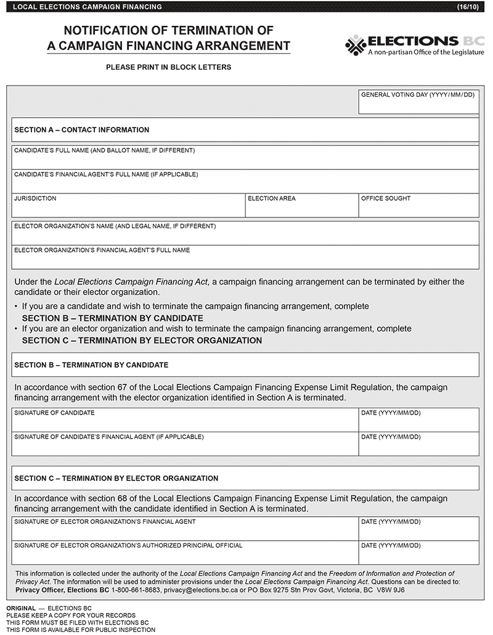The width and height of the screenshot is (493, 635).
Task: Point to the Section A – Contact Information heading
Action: [81, 130]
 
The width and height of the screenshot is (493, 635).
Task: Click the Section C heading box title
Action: [116, 478]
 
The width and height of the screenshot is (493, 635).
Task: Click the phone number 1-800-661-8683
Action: [136, 589]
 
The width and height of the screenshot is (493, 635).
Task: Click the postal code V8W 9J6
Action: [391, 589]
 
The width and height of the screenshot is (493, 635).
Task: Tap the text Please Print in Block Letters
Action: [168, 67]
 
